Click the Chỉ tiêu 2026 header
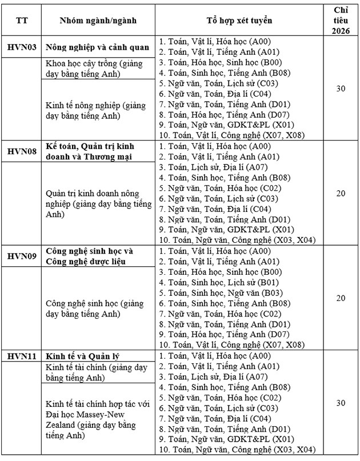tap(341, 20)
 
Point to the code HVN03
tap(22, 47)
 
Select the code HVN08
tap(22, 151)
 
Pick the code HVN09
tap(22, 256)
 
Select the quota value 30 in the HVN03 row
tap(341, 89)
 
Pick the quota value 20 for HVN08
tap(341, 194)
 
